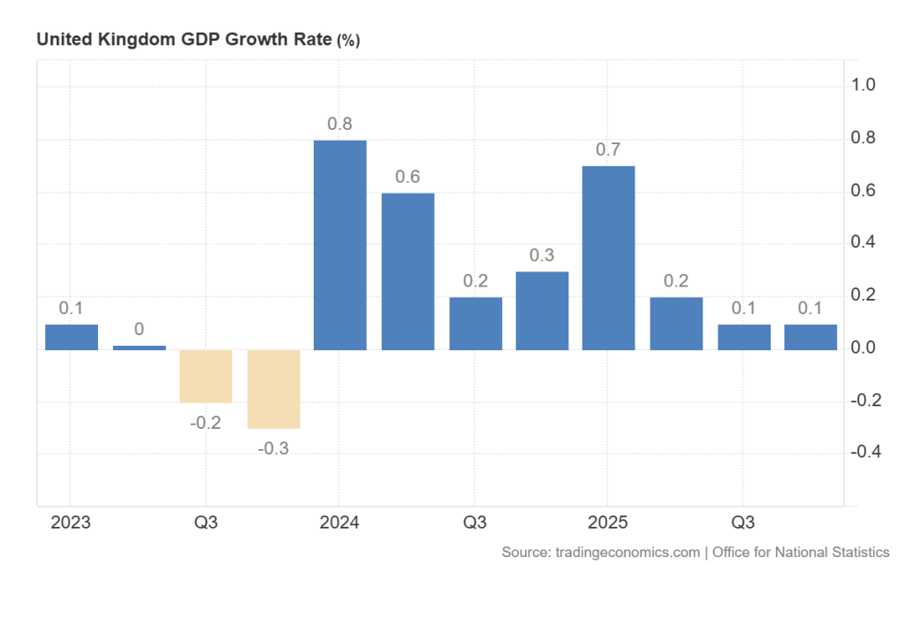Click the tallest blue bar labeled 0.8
[x=340, y=244]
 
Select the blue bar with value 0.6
[x=407, y=271]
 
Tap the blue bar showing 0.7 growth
[x=608, y=257]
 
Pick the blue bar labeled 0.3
[x=542, y=310]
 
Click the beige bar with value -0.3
[x=274, y=389]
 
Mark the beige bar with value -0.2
[x=206, y=376]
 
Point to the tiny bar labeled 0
[x=139, y=348]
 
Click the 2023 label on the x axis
[x=71, y=523]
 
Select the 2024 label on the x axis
[x=340, y=523]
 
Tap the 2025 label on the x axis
[x=608, y=523]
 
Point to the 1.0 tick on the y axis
[x=863, y=86]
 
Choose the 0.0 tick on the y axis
[x=863, y=348]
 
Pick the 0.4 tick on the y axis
[x=863, y=243]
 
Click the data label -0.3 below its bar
[x=274, y=448]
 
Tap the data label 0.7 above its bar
[x=608, y=149]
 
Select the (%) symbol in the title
[x=348, y=40]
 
